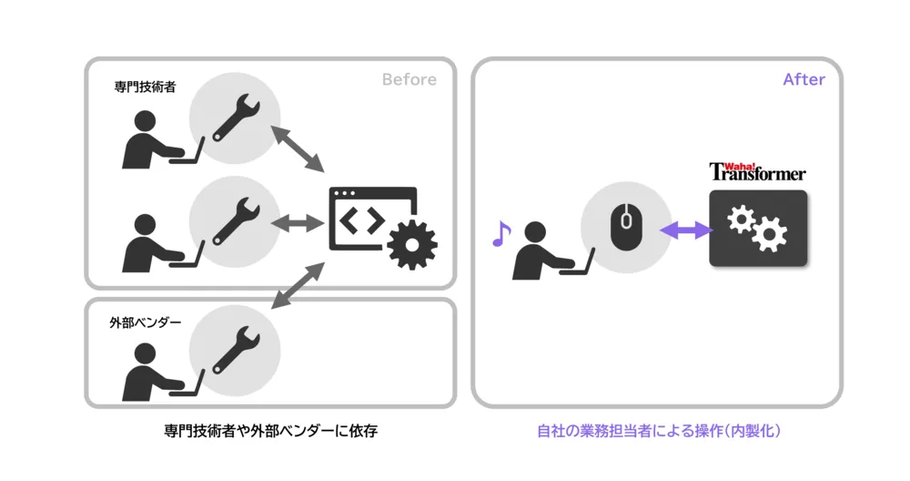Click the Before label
[x=409, y=80]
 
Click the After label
[x=804, y=80]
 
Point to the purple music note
[x=500, y=234]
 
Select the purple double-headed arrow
[x=685, y=231]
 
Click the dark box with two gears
[x=758, y=229]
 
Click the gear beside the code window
[x=412, y=245]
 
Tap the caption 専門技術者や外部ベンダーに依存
[x=270, y=431]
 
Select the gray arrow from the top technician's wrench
[x=298, y=149]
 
